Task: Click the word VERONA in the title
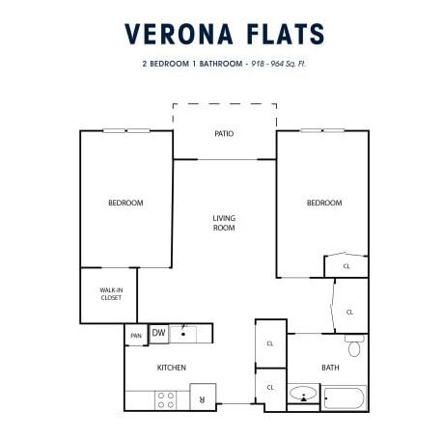(179, 34)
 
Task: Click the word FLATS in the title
(286, 34)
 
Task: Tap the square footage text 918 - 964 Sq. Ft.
(278, 64)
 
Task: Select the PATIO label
(224, 133)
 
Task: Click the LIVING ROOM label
(224, 223)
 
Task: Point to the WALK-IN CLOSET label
(111, 294)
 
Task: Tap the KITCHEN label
(172, 368)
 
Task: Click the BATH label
(330, 368)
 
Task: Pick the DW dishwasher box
(158, 334)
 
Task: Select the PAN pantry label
(136, 336)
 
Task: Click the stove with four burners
(166, 400)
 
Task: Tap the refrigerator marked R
(203, 397)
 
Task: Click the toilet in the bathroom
(354, 345)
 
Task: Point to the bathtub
(344, 398)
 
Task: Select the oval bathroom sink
(303, 393)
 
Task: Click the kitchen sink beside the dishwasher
(183, 335)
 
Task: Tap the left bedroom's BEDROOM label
(125, 203)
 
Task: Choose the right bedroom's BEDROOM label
(324, 203)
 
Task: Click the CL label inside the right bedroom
(346, 266)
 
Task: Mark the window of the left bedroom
(126, 130)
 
